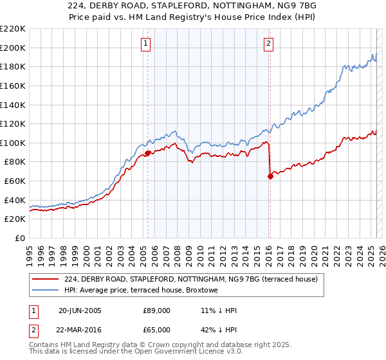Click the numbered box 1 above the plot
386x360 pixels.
point(147,44)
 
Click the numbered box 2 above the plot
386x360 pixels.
point(268,44)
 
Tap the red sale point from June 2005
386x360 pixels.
point(147,153)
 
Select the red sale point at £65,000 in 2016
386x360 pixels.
point(270,177)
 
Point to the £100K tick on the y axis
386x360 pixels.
point(13,143)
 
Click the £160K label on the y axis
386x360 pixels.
point(13,85)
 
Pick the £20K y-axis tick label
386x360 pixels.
point(15,219)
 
